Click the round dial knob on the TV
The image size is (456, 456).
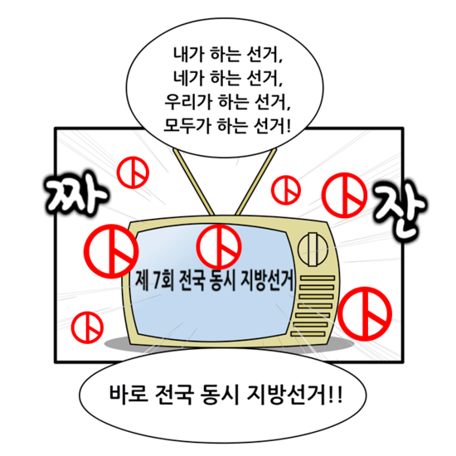click(x=313, y=250)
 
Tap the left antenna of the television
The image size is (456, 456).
click(x=194, y=182)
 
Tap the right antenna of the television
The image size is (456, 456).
click(x=256, y=182)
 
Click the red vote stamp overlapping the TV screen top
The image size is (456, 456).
click(x=219, y=247)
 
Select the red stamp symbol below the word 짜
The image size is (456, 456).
click(x=111, y=251)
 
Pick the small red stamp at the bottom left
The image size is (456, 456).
click(x=87, y=327)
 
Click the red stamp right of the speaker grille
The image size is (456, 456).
click(x=365, y=313)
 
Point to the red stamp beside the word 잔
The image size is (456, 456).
click(x=344, y=195)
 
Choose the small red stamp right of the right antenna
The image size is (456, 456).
click(x=286, y=190)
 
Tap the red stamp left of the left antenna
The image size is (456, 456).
click(x=133, y=172)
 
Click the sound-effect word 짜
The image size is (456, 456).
click(x=76, y=194)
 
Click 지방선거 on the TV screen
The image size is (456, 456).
click(x=267, y=280)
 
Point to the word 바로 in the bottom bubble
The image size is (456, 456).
click(x=129, y=395)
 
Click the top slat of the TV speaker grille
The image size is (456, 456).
click(x=318, y=279)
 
